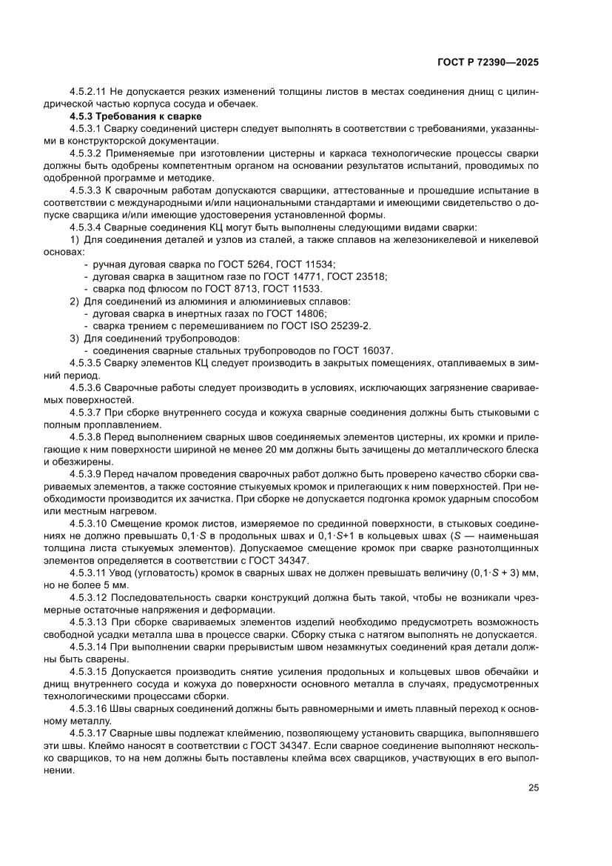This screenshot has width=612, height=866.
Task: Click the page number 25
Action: pyautogui.click(x=532, y=787)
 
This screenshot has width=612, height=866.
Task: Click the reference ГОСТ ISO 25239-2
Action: pyautogui.click(x=326, y=324)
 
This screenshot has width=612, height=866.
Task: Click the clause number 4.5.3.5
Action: pyautogui.click(x=85, y=362)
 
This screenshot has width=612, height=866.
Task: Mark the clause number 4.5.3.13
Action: pyautogui.click(x=88, y=624)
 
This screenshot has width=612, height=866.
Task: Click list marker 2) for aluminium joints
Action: pyautogui.click(x=75, y=301)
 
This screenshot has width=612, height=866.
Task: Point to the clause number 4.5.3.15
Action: pyautogui.click(x=88, y=673)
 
